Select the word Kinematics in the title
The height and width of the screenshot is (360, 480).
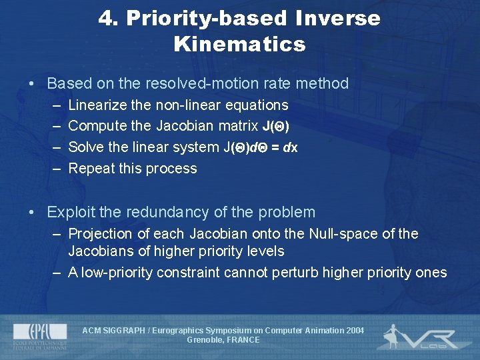point(239,45)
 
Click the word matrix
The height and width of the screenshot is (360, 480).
point(237,126)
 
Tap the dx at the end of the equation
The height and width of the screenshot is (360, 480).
point(291,147)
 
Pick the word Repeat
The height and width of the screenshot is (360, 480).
point(91,169)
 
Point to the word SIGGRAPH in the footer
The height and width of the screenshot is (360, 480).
point(123,331)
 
